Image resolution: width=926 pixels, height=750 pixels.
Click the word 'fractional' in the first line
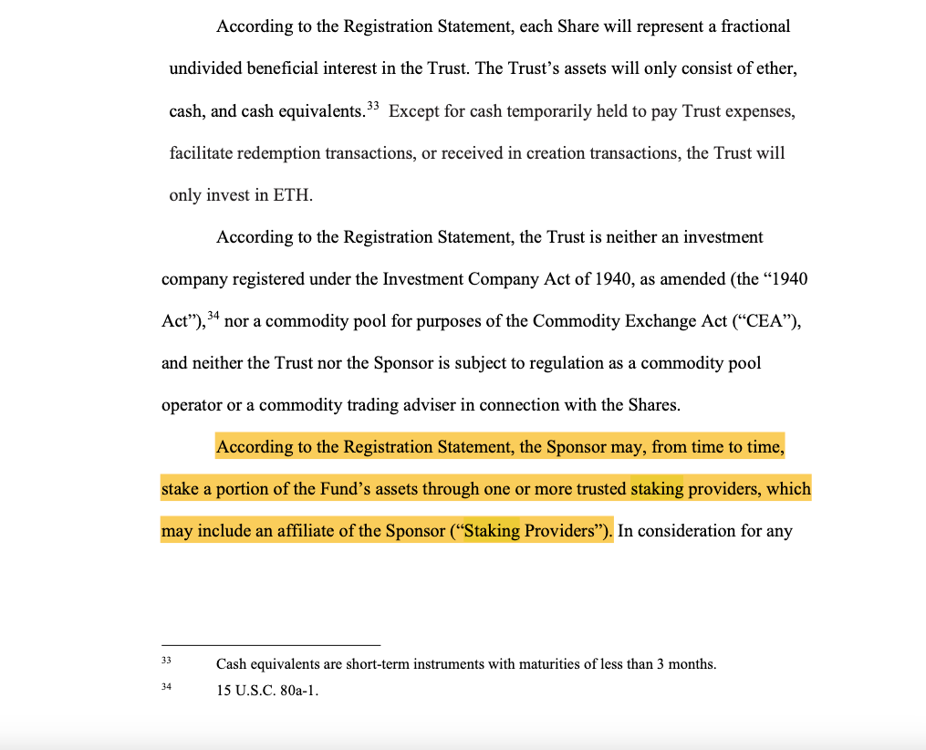(x=755, y=26)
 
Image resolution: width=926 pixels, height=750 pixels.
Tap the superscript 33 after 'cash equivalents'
(x=372, y=107)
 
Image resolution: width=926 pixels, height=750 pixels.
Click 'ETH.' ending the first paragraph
(x=293, y=195)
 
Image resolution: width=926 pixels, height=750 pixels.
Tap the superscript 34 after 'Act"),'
(x=213, y=317)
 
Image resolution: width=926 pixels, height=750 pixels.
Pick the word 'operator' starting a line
(x=190, y=405)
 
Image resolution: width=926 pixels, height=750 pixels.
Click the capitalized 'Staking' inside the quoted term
(x=492, y=531)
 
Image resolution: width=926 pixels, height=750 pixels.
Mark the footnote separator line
(x=270, y=645)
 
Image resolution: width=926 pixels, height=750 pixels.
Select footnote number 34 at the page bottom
(x=166, y=687)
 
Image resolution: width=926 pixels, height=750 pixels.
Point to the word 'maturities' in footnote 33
(x=550, y=664)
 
